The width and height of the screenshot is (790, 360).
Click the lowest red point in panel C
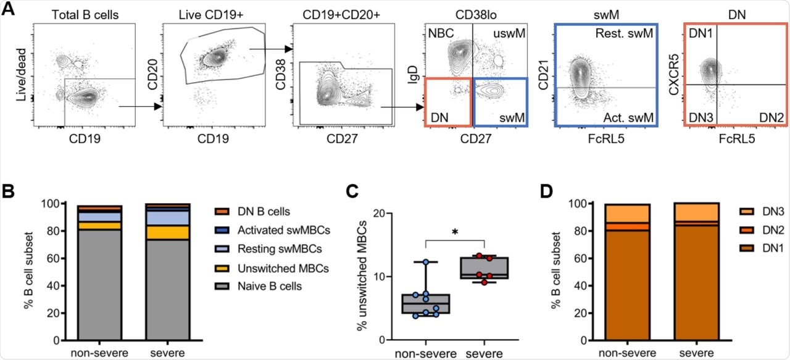pos(483,282)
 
